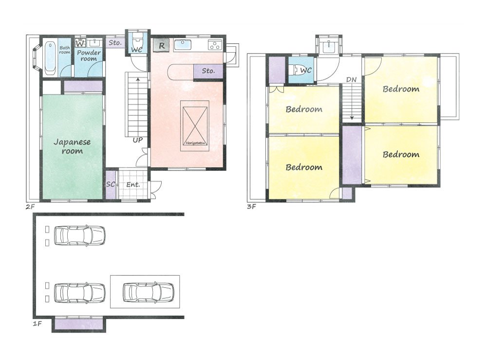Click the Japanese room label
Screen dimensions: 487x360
pyautogui.click(x=72, y=147)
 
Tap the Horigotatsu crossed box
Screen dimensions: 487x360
pyautogui.click(x=195, y=126)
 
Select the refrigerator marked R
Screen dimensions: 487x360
pyautogui.click(x=161, y=46)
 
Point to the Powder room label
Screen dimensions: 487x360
pyautogui.click(x=89, y=56)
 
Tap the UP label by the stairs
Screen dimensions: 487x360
pyautogui.click(x=138, y=140)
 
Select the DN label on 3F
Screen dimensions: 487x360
pyautogui.click(x=351, y=80)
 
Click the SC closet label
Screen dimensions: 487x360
pyautogui.click(x=110, y=184)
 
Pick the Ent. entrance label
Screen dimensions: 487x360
pyautogui.click(x=133, y=185)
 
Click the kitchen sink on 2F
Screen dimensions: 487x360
pyautogui.click(x=183, y=45)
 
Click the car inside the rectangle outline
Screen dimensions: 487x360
pyautogui.click(x=148, y=292)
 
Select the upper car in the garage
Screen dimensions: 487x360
pyautogui.click(x=79, y=235)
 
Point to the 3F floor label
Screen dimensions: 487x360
pyautogui.click(x=251, y=206)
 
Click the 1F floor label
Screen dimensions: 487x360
pyautogui.click(x=37, y=323)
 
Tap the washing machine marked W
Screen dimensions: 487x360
pyautogui.click(x=80, y=43)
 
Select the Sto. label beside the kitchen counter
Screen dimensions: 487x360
pyautogui.click(x=208, y=71)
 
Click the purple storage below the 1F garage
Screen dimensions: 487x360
pyautogui.click(x=78, y=324)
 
